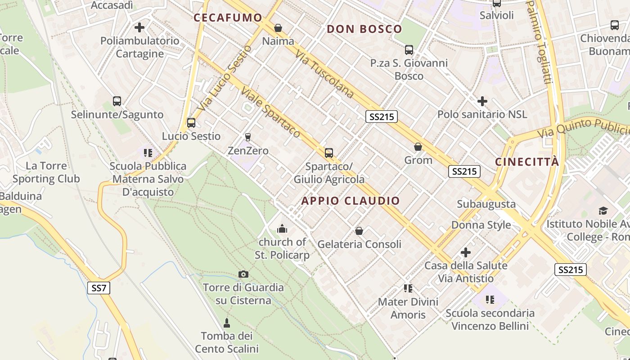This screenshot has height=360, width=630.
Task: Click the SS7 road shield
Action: click(99, 288)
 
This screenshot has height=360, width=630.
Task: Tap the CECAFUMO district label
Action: click(228, 18)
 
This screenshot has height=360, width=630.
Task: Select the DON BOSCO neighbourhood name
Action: click(364, 29)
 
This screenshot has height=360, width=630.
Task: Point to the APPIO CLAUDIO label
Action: click(351, 201)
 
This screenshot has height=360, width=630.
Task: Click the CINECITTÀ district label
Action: click(527, 162)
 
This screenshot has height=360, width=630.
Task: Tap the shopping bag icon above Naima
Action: click(278, 28)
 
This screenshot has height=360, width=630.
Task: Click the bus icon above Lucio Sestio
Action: click(191, 122)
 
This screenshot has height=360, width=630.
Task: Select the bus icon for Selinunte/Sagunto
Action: click(117, 101)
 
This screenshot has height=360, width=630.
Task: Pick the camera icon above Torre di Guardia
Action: click(243, 274)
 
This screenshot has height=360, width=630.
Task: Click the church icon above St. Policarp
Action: click(282, 229)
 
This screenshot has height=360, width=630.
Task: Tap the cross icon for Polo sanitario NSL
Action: click(482, 101)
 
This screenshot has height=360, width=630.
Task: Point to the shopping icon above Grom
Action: click(418, 147)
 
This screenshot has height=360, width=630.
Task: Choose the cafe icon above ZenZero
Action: click(247, 137)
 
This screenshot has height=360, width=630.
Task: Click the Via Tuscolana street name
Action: click(324, 74)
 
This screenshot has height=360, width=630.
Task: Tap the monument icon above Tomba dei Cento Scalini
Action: click(227, 323)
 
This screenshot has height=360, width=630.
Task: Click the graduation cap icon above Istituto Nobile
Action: click(603, 211)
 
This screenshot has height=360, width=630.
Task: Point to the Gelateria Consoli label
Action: click(360, 244)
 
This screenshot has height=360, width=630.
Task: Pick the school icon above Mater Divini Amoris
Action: click(408, 288)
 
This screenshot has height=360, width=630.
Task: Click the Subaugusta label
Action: click(486, 204)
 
